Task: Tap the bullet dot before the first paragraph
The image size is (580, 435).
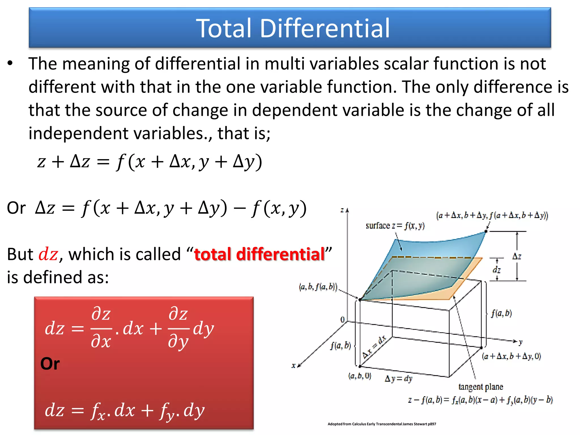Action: click(10, 63)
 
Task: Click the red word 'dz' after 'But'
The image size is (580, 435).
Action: click(48, 254)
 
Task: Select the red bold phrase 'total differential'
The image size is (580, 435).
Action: click(259, 254)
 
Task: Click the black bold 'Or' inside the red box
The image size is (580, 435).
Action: click(50, 364)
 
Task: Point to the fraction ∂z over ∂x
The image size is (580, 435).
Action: click(101, 328)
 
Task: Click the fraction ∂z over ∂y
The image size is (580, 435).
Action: click(178, 329)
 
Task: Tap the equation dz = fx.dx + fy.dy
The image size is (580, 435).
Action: click(125, 410)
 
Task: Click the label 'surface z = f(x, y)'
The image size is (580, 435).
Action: click(395, 226)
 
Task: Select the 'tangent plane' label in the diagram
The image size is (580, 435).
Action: click(481, 387)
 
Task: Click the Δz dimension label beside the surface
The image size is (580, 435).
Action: click(517, 256)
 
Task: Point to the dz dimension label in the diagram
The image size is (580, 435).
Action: click(496, 270)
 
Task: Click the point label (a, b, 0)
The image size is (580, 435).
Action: click(359, 376)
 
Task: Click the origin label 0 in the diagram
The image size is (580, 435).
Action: click(342, 319)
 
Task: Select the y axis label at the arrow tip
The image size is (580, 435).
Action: click(520, 342)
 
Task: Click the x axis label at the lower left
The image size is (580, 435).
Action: click(294, 366)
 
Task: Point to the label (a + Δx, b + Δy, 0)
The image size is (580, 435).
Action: click(511, 356)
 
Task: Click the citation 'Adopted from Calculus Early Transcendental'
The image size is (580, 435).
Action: click(381, 424)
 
